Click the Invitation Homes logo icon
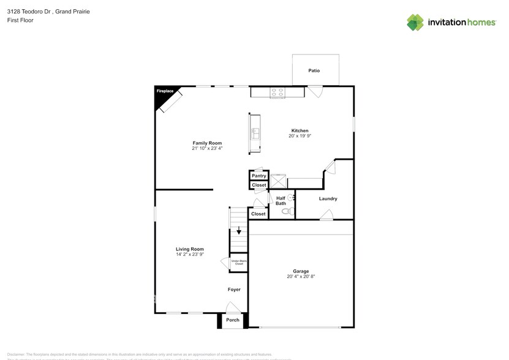coord(415,22)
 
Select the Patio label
coord(314,71)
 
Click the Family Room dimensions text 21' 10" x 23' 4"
coord(207,148)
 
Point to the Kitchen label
coord(300,130)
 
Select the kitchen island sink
coord(255,133)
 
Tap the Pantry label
coord(258,176)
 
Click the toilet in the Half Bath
coord(285,211)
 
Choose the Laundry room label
coord(328,198)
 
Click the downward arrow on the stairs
coord(239,231)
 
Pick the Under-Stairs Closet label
coord(238,262)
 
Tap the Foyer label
coord(234,290)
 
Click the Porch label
coord(233,320)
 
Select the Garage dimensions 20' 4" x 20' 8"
coord(301,276)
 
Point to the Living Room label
coord(190,249)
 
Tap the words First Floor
coord(20,20)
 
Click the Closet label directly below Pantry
coord(258,185)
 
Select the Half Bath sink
coord(290,197)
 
